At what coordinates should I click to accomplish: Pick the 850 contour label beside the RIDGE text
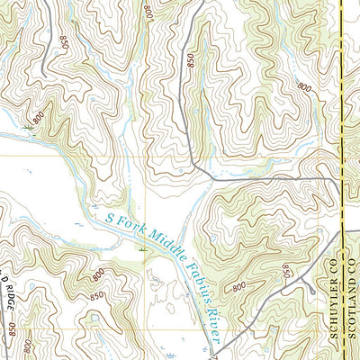coord(13,331)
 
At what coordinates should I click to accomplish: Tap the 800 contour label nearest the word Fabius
coord(238,286)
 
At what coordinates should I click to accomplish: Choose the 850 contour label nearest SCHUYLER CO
coord(287,270)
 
